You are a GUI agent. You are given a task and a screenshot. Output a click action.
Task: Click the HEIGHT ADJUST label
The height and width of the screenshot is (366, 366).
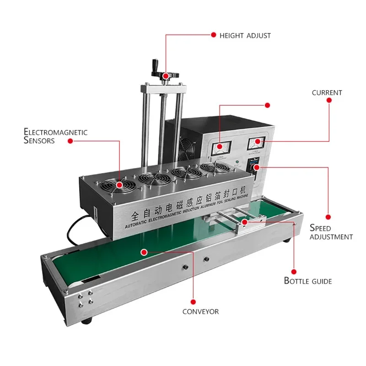click(245, 35)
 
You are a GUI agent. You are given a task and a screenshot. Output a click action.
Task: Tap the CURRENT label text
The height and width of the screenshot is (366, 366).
click(327, 92)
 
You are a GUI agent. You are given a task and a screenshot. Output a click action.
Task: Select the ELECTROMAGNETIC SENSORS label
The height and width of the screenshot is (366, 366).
click(55, 136)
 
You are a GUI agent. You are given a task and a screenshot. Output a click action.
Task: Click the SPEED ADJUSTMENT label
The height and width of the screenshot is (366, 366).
click(331, 232)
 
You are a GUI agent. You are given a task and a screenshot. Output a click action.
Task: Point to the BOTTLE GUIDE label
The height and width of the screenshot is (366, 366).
click(308, 280)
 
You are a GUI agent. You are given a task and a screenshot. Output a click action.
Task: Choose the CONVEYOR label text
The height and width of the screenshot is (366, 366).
click(200, 312)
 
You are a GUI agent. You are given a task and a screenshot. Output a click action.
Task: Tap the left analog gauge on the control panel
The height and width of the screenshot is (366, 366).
click(219, 146)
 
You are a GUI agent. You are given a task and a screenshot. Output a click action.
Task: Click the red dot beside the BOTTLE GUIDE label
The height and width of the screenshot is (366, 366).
click(293, 271)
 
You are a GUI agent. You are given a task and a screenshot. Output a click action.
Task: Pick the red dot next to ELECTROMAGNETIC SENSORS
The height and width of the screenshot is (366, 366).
click(70, 141)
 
